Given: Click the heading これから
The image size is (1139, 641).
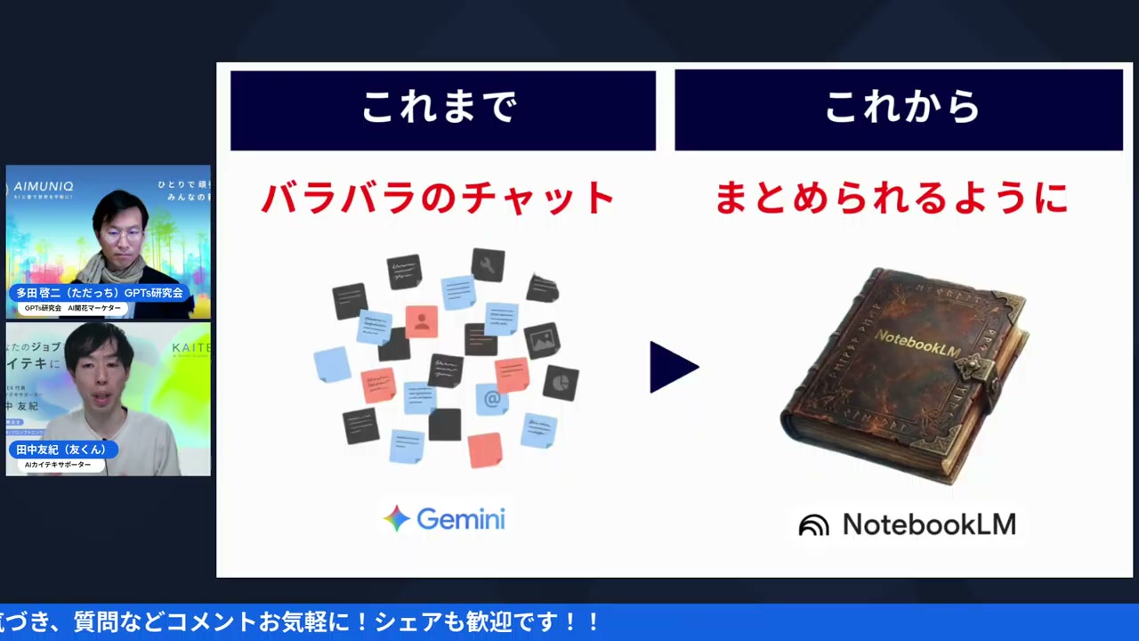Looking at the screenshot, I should coord(901,109).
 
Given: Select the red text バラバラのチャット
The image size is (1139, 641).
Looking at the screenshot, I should coord(438,198).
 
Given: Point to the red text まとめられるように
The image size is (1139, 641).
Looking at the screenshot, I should coord(892,198).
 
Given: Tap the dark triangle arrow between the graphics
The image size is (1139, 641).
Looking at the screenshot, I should coord(673,367).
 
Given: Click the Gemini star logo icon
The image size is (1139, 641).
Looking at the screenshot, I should coord(397,518).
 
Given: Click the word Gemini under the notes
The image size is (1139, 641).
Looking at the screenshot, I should coord(461,518).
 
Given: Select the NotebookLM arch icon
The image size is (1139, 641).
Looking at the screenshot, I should coord(813,525).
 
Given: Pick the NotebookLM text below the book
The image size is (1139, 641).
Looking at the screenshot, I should coord(929,524).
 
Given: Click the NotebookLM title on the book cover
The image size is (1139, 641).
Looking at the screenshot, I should coord(917,343).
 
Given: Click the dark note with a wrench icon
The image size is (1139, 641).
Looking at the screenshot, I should coord(488,264).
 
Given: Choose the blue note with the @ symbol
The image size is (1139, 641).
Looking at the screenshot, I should coord(492,400).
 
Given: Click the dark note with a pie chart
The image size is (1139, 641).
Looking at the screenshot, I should coord(561,382).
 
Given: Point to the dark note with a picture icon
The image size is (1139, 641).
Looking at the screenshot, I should coord(541,339).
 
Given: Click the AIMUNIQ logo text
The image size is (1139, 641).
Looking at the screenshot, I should coord(44,187).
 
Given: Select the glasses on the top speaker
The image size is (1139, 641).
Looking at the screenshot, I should coord(122,234).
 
